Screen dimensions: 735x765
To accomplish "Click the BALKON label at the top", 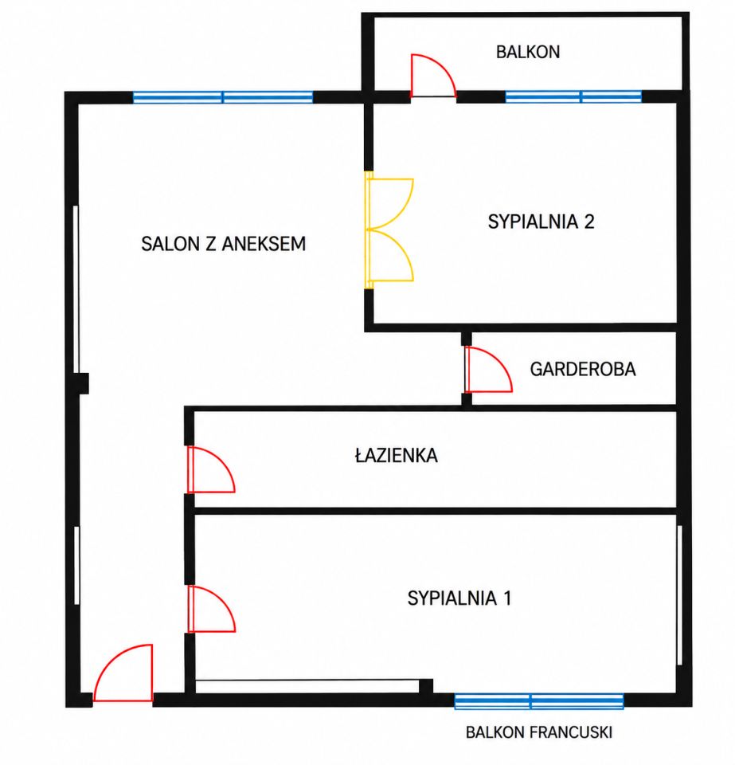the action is pyautogui.click(x=528, y=53).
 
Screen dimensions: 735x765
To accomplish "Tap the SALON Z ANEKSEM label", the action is pyautogui.click(x=224, y=244).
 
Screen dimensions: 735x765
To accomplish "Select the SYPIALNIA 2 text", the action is pyautogui.click(x=541, y=222).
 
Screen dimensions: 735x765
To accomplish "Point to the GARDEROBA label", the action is pyautogui.click(x=583, y=369).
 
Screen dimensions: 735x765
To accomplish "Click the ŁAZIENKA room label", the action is pyautogui.click(x=397, y=455).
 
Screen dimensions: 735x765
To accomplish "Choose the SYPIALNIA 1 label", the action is pyautogui.click(x=459, y=598).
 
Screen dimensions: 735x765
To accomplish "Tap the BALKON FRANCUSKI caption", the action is pyautogui.click(x=539, y=732).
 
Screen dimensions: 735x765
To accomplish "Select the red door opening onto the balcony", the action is pyautogui.click(x=433, y=76).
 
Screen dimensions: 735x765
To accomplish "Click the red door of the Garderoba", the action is pyautogui.click(x=488, y=369).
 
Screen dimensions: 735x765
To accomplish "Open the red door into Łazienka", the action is pyautogui.click(x=211, y=469).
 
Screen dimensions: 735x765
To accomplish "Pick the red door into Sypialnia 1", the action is pyautogui.click(x=212, y=609).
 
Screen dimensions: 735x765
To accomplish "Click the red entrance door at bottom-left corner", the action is pyautogui.click(x=123, y=673).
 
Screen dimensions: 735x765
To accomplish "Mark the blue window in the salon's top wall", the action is pyautogui.click(x=223, y=97).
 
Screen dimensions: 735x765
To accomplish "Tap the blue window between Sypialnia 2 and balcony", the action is pyautogui.click(x=573, y=96).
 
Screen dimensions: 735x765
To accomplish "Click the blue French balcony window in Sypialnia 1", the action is pyautogui.click(x=539, y=701).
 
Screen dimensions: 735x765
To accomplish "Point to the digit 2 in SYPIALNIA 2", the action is pyautogui.click(x=589, y=222).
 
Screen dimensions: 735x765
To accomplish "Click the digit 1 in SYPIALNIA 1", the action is pyautogui.click(x=507, y=598).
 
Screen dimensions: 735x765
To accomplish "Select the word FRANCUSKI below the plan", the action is pyautogui.click(x=571, y=732).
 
